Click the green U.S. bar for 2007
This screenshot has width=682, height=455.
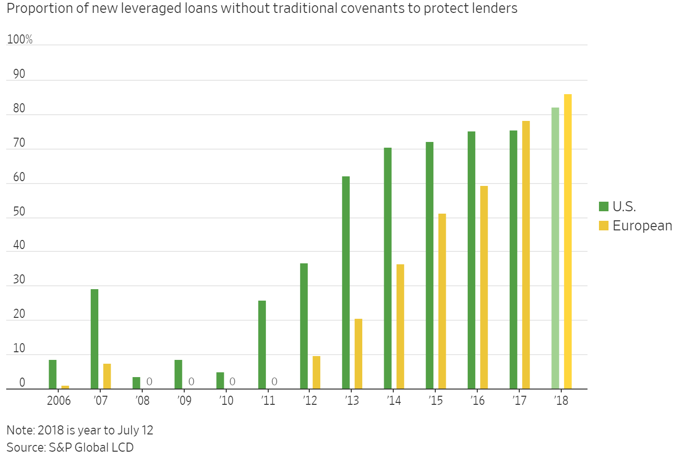tap(94, 339)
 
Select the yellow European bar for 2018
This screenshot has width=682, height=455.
tap(568, 241)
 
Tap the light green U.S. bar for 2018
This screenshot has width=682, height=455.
tap(555, 248)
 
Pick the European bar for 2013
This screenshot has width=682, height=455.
tap(358, 354)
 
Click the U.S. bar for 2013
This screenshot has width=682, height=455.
tap(346, 282)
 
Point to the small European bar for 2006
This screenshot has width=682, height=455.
tap(65, 387)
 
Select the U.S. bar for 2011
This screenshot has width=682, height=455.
tap(262, 345)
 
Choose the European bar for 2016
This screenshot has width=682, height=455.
tap(484, 287)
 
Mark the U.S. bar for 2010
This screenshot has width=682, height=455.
tap(220, 380)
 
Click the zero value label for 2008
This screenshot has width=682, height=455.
tap(149, 381)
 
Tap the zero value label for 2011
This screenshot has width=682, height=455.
tap(274, 381)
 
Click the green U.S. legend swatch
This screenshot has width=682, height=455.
tap(603, 206)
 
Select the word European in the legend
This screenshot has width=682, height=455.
tap(642, 226)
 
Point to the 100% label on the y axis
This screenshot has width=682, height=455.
tap(20, 39)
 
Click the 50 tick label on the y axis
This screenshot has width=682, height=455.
tap(19, 211)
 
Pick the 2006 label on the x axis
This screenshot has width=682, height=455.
tap(58, 401)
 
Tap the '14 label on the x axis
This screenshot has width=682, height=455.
tap(394, 401)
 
